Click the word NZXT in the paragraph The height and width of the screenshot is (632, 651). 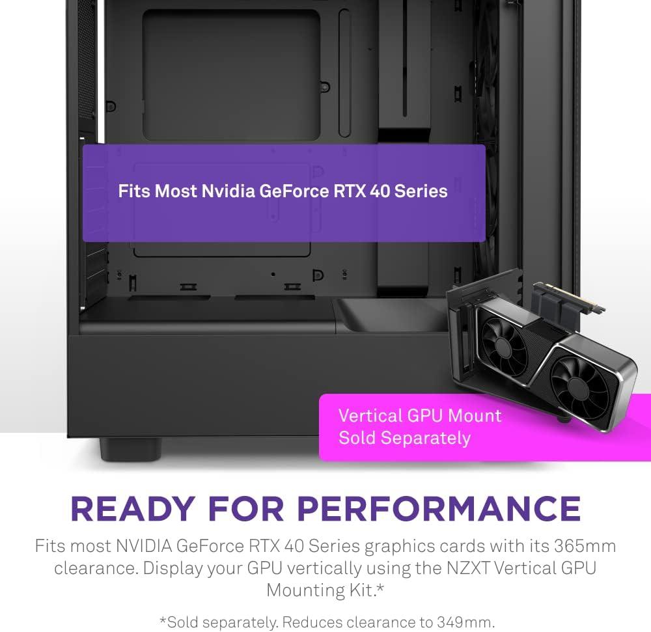[x=462, y=568]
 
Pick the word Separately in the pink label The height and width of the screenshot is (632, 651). [x=425, y=437]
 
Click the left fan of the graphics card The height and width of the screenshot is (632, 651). [x=501, y=338]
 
